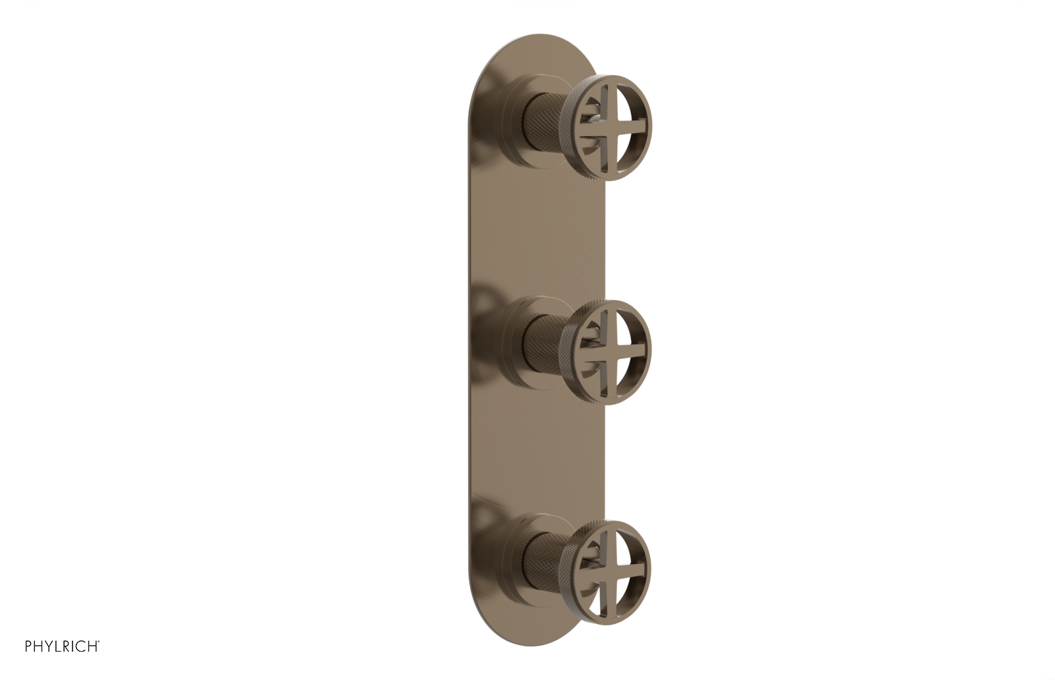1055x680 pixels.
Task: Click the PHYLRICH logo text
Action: click(x=62, y=646)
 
